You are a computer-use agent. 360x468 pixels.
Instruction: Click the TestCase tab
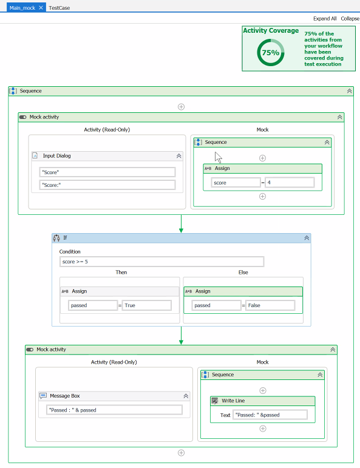[59, 8]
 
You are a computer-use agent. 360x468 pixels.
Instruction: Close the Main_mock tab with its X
[41, 8]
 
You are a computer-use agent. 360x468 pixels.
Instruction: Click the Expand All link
[325, 19]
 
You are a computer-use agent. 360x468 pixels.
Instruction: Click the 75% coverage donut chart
[270, 52]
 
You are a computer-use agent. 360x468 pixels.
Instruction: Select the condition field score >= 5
[161, 262]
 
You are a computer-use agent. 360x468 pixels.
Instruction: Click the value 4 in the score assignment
[290, 182]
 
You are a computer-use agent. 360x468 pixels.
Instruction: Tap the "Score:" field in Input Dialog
[107, 185]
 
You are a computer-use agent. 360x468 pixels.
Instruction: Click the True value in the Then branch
[146, 305]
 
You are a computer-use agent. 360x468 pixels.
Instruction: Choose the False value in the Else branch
[270, 305]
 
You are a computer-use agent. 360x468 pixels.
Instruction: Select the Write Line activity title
[233, 401]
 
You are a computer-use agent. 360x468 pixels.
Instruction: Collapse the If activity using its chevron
[307, 238]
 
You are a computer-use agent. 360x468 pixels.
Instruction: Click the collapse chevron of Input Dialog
[178, 156]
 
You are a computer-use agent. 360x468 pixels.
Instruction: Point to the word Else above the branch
[243, 273]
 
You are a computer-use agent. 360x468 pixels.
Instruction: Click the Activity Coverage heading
[271, 30]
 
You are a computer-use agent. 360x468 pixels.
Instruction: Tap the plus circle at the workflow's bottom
[181, 453]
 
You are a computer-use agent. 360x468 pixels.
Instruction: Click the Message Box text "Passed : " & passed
[114, 410]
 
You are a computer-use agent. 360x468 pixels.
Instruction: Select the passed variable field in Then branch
[93, 305]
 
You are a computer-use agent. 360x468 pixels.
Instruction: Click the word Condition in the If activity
[70, 251]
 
